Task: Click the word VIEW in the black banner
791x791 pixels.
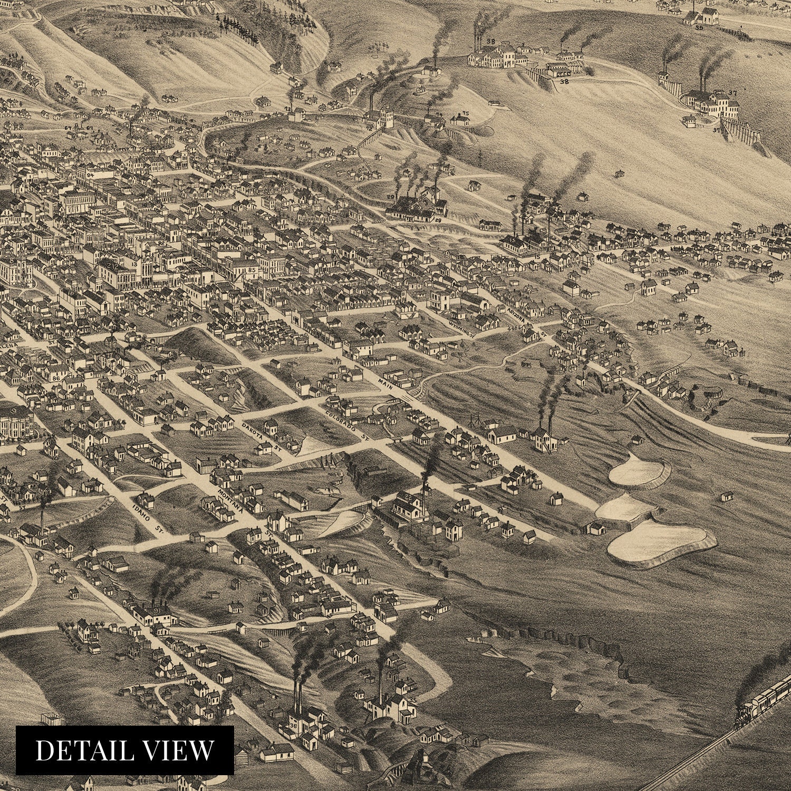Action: (180, 750)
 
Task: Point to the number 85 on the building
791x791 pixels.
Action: (252, 270)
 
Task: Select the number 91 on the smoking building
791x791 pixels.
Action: (157, 610)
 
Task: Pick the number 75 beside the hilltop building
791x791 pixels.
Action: (465, 113)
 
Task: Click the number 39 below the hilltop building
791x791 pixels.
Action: (699, 27)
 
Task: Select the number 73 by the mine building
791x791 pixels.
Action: (288, 109)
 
